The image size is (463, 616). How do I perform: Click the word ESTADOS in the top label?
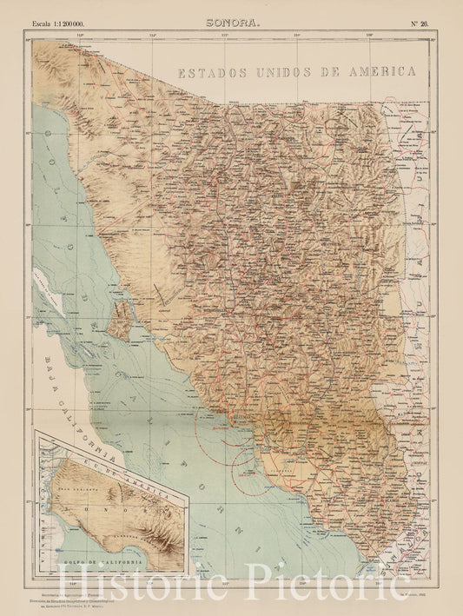pos(211,74)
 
